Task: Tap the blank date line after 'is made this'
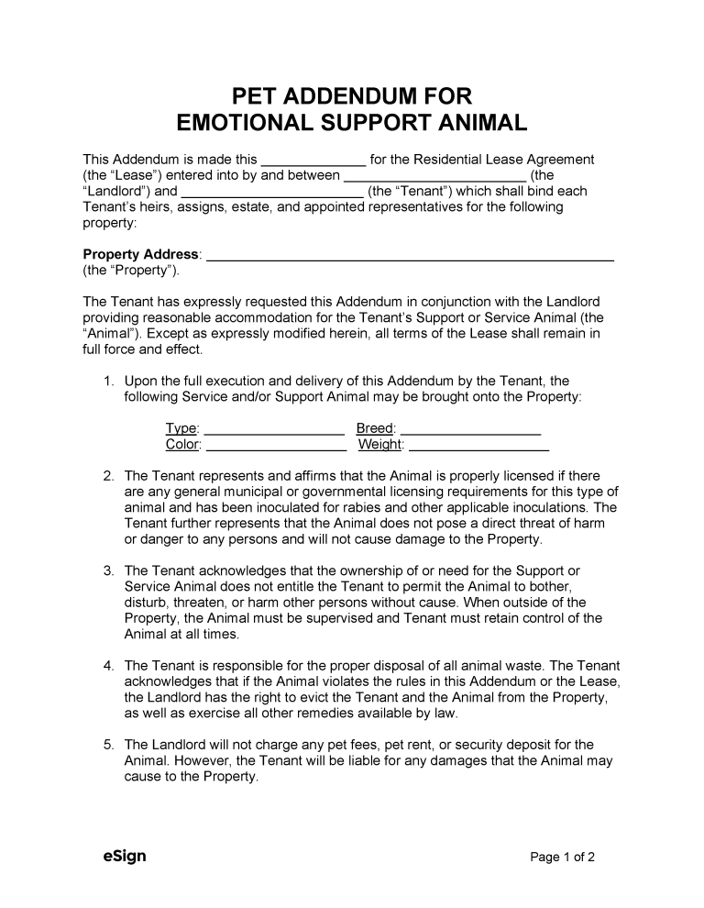coord(313,160)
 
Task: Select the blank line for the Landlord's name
coord(434,175)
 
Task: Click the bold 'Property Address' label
coord(141,254)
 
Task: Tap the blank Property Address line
coord(410,255)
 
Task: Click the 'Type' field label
coord(181,428)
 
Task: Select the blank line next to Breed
coord(470,428)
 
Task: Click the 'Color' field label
coord(182,445)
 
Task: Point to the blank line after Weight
coord(478,445)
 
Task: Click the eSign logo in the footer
coord(124,857)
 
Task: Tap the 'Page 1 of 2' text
coord(563,858)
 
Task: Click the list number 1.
coord(107,381)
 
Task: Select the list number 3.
coord(107,570)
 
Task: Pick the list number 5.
coord(107,745)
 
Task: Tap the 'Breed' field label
coord(375,428)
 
